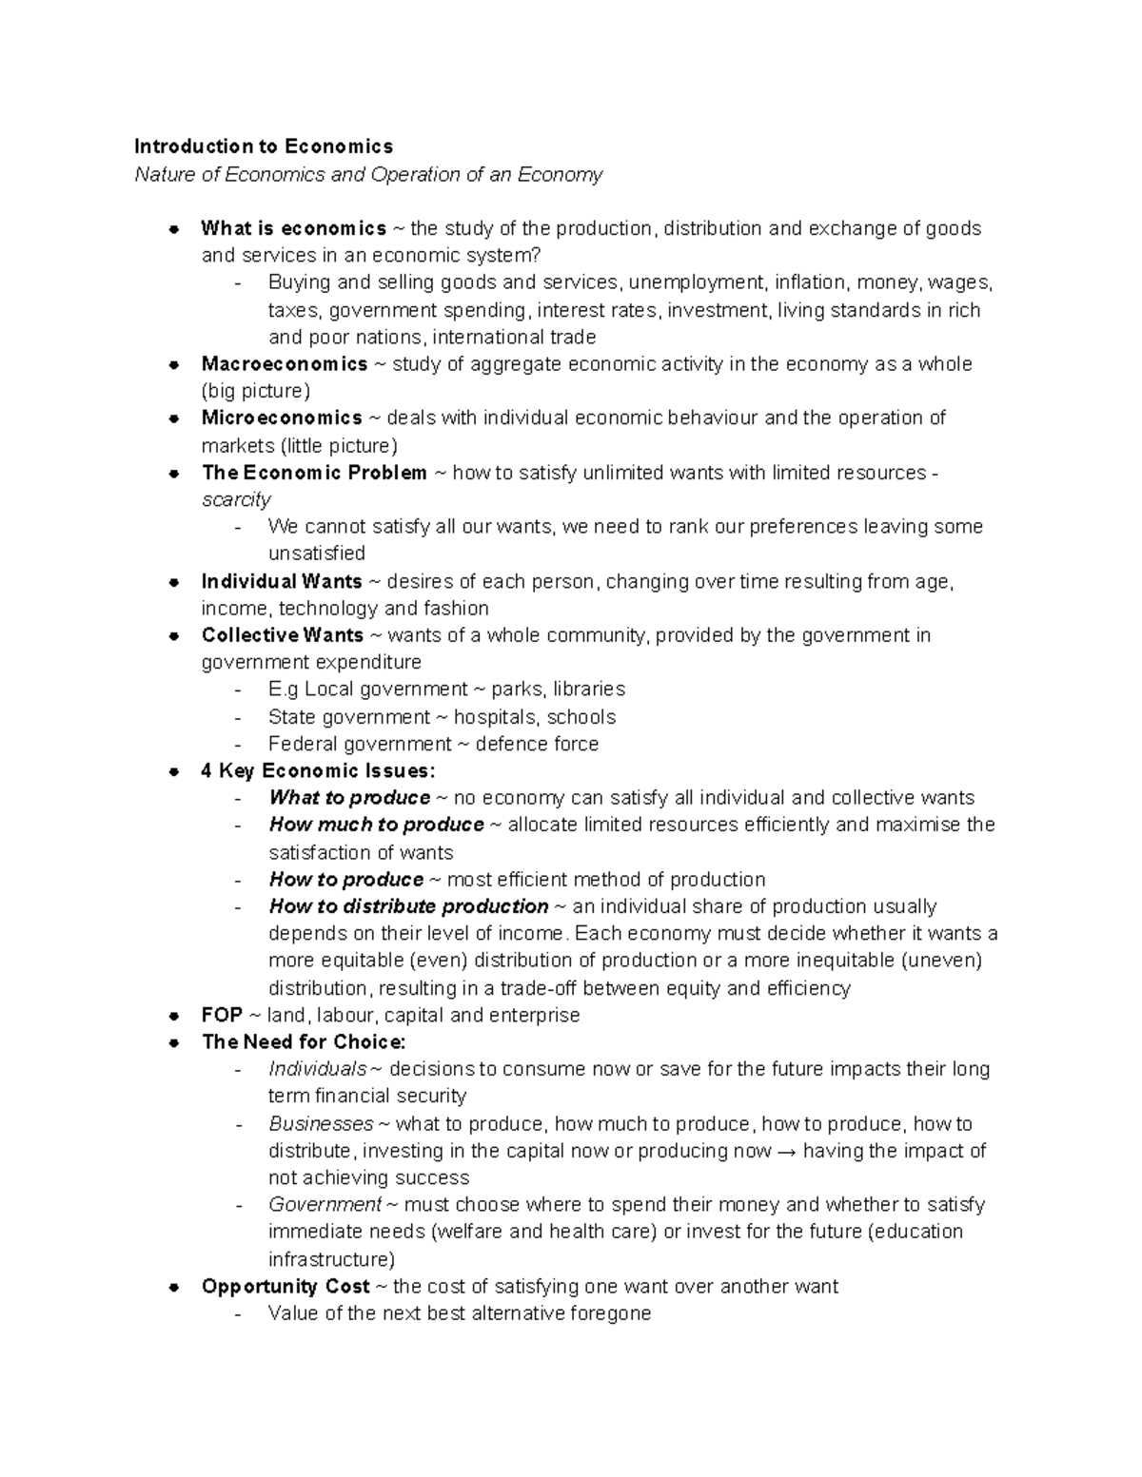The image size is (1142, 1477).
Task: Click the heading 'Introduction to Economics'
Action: pos(263,146)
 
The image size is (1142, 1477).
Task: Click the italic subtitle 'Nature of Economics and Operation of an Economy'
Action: pos(368,174)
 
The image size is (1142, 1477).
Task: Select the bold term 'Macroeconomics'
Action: pos(284,364)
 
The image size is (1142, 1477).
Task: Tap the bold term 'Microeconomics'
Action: pos(282,418)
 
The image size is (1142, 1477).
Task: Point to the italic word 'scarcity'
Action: pos(236,499)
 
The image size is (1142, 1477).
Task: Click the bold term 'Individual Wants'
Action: pos(282,581)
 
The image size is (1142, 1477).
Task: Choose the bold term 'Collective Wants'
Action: pos(283,635)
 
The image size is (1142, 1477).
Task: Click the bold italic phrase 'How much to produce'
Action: pos(377,825)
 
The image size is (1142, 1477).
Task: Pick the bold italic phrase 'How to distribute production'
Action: pos(409,906)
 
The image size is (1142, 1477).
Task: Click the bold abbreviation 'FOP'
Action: pos(222,1015)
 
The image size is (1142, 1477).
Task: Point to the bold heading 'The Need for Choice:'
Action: pos(304,1042)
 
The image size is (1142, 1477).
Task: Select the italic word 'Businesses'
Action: pos(321,1124)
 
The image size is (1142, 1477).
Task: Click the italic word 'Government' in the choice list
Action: pos(325,1205)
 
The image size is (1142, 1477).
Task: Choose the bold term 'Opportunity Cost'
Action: pos(285,1287)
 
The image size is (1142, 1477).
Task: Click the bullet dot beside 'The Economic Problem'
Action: pos(174,473)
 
